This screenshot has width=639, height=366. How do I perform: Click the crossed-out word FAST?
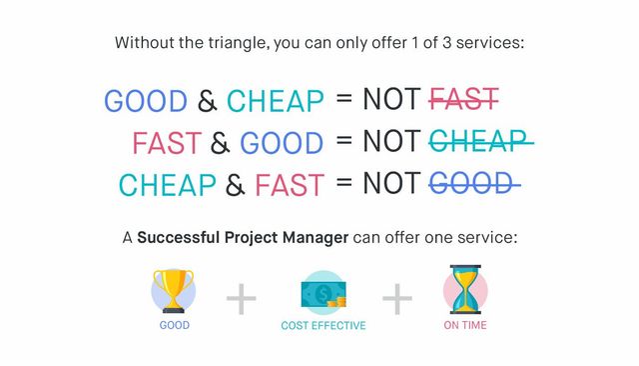(x=463, y=99)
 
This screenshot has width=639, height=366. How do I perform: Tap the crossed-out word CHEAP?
(x=481, y=141)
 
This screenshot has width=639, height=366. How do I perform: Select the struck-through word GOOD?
(x=475, y=183)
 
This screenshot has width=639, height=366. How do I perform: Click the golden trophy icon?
(x=173, y=291)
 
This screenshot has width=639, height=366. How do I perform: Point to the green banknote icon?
(x=323, y=294)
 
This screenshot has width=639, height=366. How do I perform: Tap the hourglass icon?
(x=465, y=289)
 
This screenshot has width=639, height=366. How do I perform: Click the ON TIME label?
(x=465, y=325)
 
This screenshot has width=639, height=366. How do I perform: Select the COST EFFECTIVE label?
(x=323, y=326)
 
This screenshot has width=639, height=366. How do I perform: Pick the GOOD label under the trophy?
(x=175, y=325)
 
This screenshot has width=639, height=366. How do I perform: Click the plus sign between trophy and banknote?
(x=242, y=299)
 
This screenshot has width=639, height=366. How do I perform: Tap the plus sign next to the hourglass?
(x=397, y=299)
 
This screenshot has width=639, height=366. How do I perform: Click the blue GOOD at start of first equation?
(x=146, y=101)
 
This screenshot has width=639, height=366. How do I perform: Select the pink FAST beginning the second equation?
(x=167, y=143)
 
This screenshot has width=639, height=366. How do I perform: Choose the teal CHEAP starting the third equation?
(x=167, y=185)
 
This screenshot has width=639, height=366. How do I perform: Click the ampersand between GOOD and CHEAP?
(x=207, y=101)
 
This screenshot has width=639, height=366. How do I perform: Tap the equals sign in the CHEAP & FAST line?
(x=343, y=182)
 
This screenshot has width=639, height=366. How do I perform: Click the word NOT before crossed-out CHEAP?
(x=391, y=141)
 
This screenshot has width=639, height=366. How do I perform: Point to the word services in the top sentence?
(x=490, y=42)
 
